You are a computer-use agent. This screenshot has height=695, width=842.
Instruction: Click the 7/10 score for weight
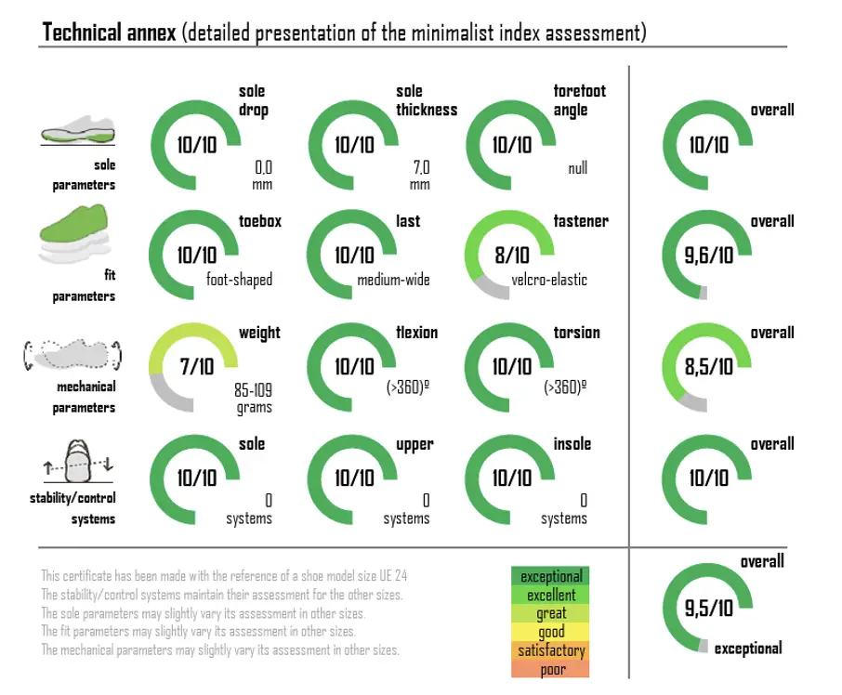coord(197,367)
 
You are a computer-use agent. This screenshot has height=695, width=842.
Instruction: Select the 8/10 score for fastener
coord(511,256)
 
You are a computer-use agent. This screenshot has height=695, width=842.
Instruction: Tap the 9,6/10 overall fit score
coord(709,256)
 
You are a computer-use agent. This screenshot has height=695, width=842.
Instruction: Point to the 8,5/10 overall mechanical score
coord(709,367)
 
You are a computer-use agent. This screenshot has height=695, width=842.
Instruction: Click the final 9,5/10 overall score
coord(709,609)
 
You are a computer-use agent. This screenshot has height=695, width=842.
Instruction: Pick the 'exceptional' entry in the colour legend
coord(551,577)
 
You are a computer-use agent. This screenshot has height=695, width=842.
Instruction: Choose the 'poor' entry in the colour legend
coord(551,669)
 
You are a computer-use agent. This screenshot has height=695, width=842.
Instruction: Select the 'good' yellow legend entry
coord(551,632)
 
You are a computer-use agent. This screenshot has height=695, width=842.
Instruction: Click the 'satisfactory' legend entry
coord(551,650)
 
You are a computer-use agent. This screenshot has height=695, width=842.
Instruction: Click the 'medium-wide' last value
coord(393,280)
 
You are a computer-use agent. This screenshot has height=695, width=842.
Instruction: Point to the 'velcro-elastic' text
coord(548,280)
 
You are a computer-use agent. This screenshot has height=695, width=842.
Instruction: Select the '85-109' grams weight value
coord(253,391)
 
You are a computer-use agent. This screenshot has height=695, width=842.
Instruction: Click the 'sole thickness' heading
coord(426,100)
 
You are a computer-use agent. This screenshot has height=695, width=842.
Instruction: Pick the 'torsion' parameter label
coord(576,333)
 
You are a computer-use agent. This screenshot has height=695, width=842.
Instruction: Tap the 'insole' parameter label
coord(572,444)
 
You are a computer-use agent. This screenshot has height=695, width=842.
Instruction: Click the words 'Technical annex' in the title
coord(109,33)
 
